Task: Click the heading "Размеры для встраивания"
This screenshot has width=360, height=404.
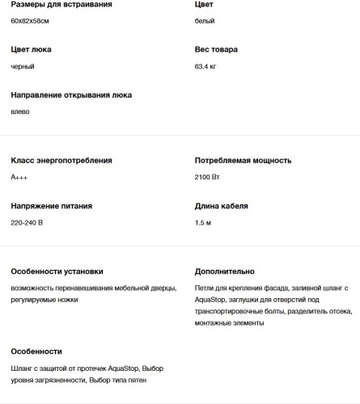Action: (61, 5)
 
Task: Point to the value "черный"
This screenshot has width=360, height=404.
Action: (23, 66)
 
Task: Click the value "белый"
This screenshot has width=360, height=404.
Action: (205, 20)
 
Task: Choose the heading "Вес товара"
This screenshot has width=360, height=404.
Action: (216, 50)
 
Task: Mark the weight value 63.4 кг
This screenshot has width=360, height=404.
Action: (206, 66)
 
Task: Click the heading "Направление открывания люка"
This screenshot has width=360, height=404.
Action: (71, 95)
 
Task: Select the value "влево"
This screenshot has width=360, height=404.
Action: (20, 112)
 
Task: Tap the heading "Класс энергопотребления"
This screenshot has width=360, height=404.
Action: (61, 161)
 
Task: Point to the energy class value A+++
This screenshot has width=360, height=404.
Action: (19, 177)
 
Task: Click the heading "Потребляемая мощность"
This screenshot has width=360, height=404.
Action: (244, 161)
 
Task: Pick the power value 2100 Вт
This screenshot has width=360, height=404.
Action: (208, 177)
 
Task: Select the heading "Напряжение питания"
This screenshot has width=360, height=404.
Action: (52, 206)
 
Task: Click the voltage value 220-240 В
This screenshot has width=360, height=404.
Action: (27, 222)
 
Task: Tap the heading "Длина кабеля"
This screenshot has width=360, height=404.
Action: (221, 206)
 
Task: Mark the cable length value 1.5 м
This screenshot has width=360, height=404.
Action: (203, 222)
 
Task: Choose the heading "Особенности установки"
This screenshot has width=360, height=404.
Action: (57, 271)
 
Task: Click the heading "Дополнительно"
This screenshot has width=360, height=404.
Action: (225, 271)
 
